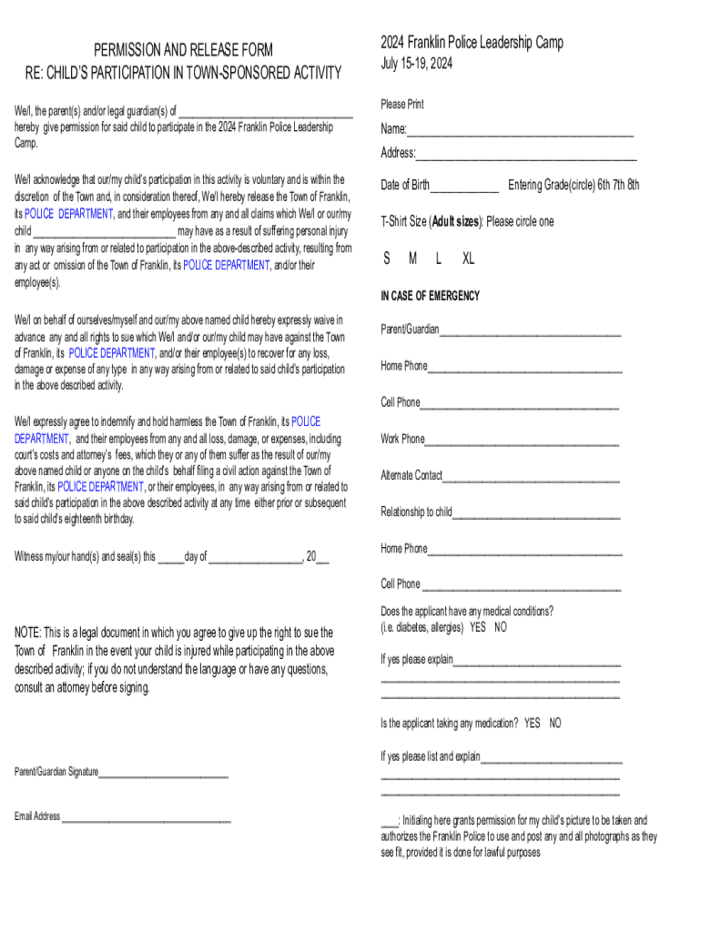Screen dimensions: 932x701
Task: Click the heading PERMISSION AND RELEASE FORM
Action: point(183,50)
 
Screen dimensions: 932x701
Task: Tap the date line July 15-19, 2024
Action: point(416,64)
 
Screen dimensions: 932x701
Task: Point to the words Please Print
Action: point(401,105)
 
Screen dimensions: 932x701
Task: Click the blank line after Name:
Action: point(520,131)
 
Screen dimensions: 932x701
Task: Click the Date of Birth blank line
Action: point(464,187)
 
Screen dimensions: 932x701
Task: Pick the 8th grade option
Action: point(631,185)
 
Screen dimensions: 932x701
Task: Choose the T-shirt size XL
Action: point(468,258)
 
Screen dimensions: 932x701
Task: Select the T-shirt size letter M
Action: point(412,258)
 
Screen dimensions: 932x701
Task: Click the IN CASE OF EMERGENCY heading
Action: point(430,296)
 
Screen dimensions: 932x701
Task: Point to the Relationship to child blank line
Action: point(536,514)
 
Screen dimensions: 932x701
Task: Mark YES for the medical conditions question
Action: point(478,627)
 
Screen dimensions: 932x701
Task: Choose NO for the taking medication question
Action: point(555,723)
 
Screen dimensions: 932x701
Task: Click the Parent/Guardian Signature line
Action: point(163,775)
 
